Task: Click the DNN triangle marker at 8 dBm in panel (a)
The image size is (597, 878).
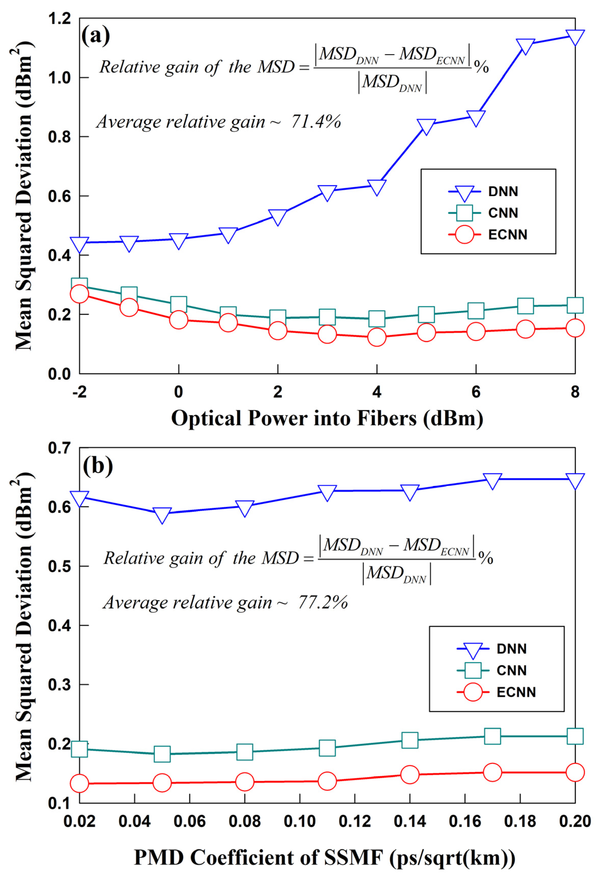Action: pyautogui.click(x=575, y=37)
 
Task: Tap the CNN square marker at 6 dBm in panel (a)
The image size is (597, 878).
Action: pyautogui.click(x=476, y=310)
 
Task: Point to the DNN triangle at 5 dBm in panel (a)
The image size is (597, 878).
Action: pyautogui.click(x=426, y=126)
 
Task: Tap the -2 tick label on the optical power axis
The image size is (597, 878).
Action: pyautogui.click(x=79, y=392)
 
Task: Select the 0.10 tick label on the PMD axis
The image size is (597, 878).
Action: pyautogui.click(x=300, y=821)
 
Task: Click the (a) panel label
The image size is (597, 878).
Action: pyautogui.click(x=96, y=36)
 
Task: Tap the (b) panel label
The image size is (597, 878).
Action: pyautogui.click(x=98, y=466)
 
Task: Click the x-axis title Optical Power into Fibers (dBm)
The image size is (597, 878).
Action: pyautogui.click(x=327, y=419)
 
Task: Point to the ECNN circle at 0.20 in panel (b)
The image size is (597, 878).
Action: pyautogui.click(x=575, y=773)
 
